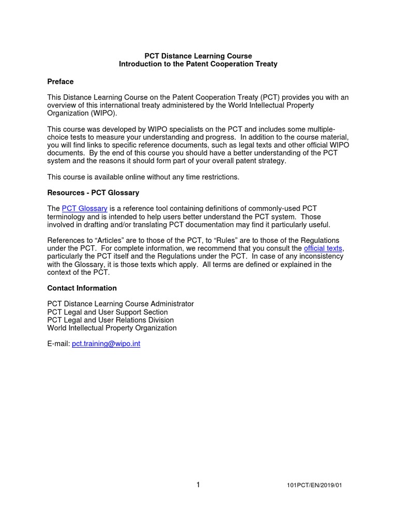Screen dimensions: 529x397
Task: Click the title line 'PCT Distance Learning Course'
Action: pos(198,56)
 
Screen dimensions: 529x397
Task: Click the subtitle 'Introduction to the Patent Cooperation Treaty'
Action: pos(198,64)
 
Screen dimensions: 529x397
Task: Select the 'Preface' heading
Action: pos(60,82)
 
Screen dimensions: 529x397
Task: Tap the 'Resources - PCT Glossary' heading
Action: pos(93,193)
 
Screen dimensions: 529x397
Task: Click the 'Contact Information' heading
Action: pos(82,288)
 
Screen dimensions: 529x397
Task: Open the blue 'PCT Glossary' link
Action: pos(84,209)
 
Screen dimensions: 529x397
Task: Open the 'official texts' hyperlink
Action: pos(323,248)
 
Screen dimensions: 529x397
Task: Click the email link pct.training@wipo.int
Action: pos(106,344)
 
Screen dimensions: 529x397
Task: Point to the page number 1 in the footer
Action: pos(198,485)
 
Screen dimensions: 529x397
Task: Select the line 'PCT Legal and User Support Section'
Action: pos(108,312)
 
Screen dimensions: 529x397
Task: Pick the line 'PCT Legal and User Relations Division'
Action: pos(110,320)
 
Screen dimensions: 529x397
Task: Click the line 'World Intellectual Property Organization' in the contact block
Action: pos(112,328)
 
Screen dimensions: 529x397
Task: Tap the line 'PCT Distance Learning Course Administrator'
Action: pos(120,304)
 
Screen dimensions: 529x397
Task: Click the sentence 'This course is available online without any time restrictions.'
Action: pos(143,177)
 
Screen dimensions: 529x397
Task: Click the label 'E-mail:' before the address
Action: pos(58,344)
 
